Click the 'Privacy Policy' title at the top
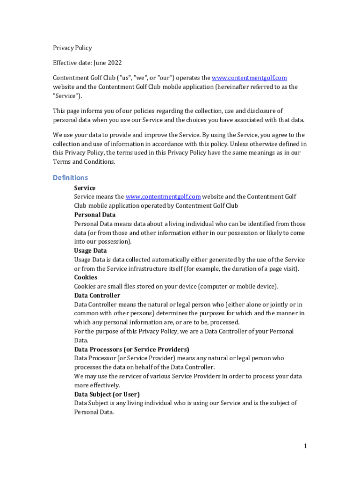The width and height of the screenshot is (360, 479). tap(72, 48)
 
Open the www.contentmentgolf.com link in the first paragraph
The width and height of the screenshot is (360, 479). tap(249, 78)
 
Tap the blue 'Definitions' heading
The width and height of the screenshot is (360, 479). tap(70, 178)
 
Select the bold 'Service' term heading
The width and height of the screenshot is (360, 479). tap(85, 188)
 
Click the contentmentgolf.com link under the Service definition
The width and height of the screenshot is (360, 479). tap(163, 197)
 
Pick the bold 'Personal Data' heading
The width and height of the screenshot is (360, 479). tap(95, 215)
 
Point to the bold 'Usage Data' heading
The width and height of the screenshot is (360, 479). tap(90, 251)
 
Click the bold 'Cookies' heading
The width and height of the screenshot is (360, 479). tap(86, 277)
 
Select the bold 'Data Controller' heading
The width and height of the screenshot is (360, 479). tap(97, 296)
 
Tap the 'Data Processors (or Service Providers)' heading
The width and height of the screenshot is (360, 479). tap(131, 349)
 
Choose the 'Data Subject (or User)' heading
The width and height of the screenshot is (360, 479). tap(107, 394)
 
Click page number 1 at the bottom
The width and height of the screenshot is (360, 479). tap(305, 446)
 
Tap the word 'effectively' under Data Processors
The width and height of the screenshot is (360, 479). tap(103, 385)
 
